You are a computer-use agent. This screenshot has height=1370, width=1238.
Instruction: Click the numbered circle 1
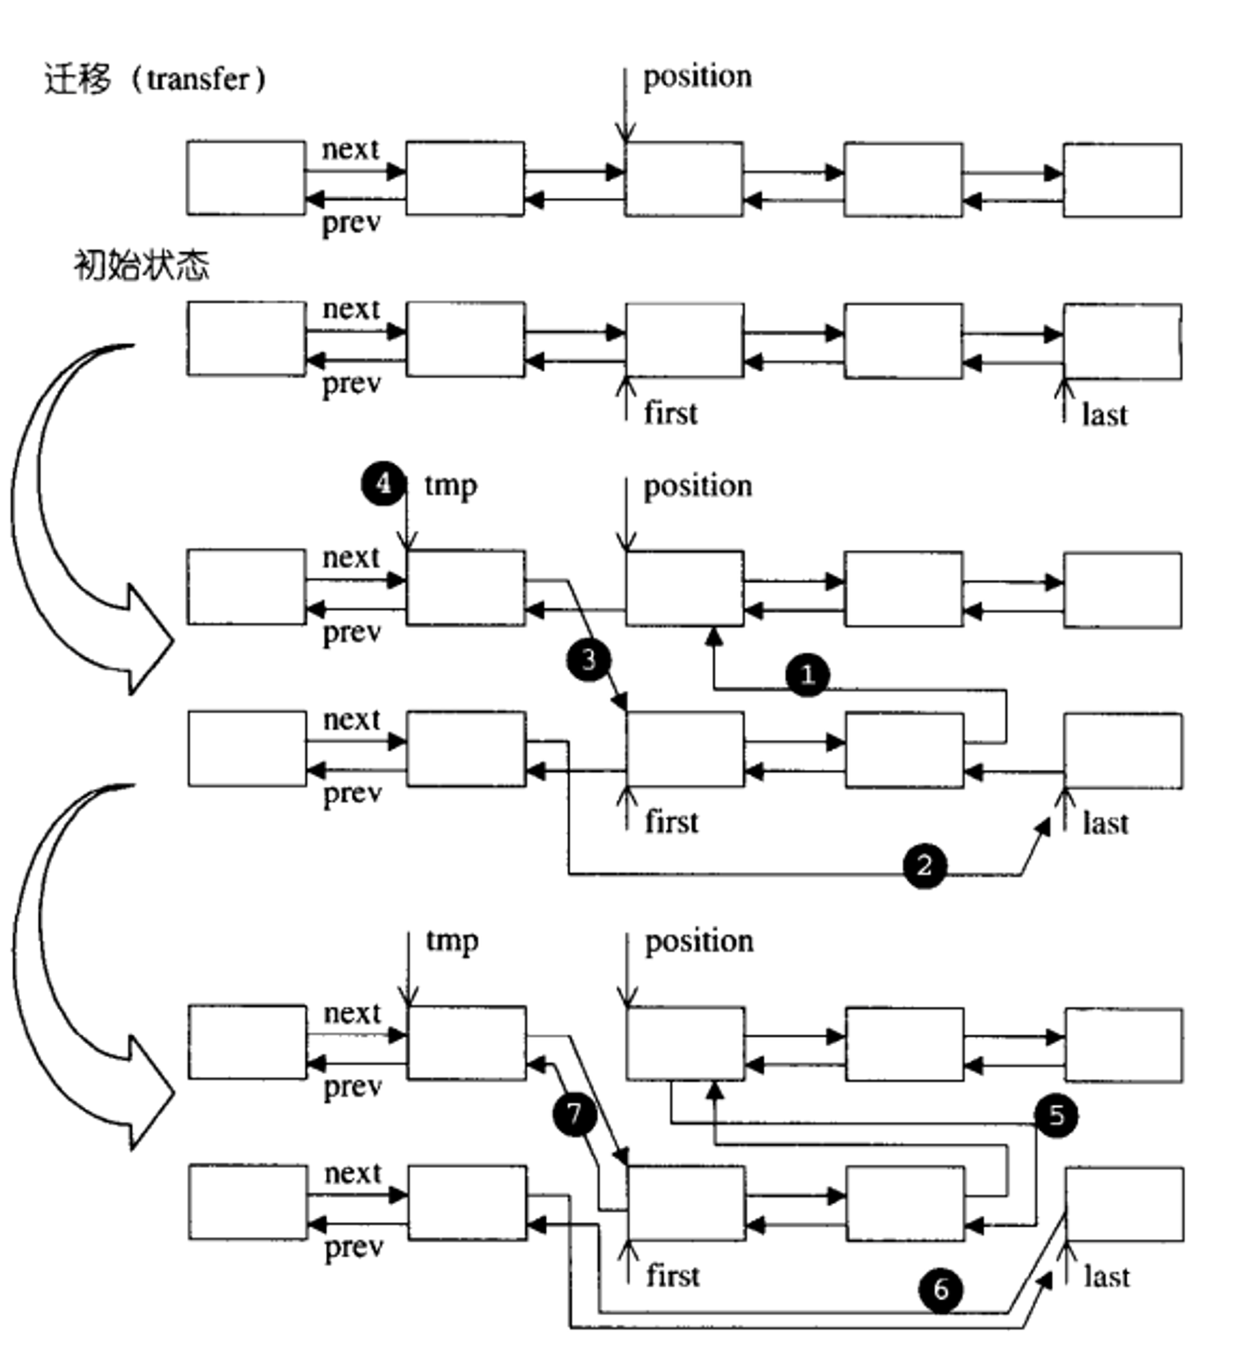[x=807, y=675]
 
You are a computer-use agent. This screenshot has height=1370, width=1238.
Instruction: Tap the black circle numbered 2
[x=925, y=865]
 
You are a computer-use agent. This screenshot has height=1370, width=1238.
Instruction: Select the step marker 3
[x=589, y=660]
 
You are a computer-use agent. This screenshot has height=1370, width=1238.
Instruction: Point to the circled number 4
[x=384, y=484]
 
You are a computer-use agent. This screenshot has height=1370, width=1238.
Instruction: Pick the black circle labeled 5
[x=1056, y=1116]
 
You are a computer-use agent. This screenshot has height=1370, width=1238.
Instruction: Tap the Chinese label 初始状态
[x=142, y=265]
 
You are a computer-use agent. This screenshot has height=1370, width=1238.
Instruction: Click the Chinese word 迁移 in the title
[x=77, y=79]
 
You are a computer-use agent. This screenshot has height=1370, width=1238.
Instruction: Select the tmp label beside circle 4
[x=451, y=485]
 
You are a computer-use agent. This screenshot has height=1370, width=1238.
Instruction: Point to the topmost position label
[x=697, y=77]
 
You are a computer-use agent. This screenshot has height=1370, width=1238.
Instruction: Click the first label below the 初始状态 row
[x=671, y=413]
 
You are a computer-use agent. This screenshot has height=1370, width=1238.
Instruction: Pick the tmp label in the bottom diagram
[x=452, y=941]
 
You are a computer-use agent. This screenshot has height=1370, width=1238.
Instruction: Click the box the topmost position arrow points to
[x=684, y=179]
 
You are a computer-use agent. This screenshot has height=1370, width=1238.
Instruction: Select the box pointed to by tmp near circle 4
[x=466, y=588]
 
